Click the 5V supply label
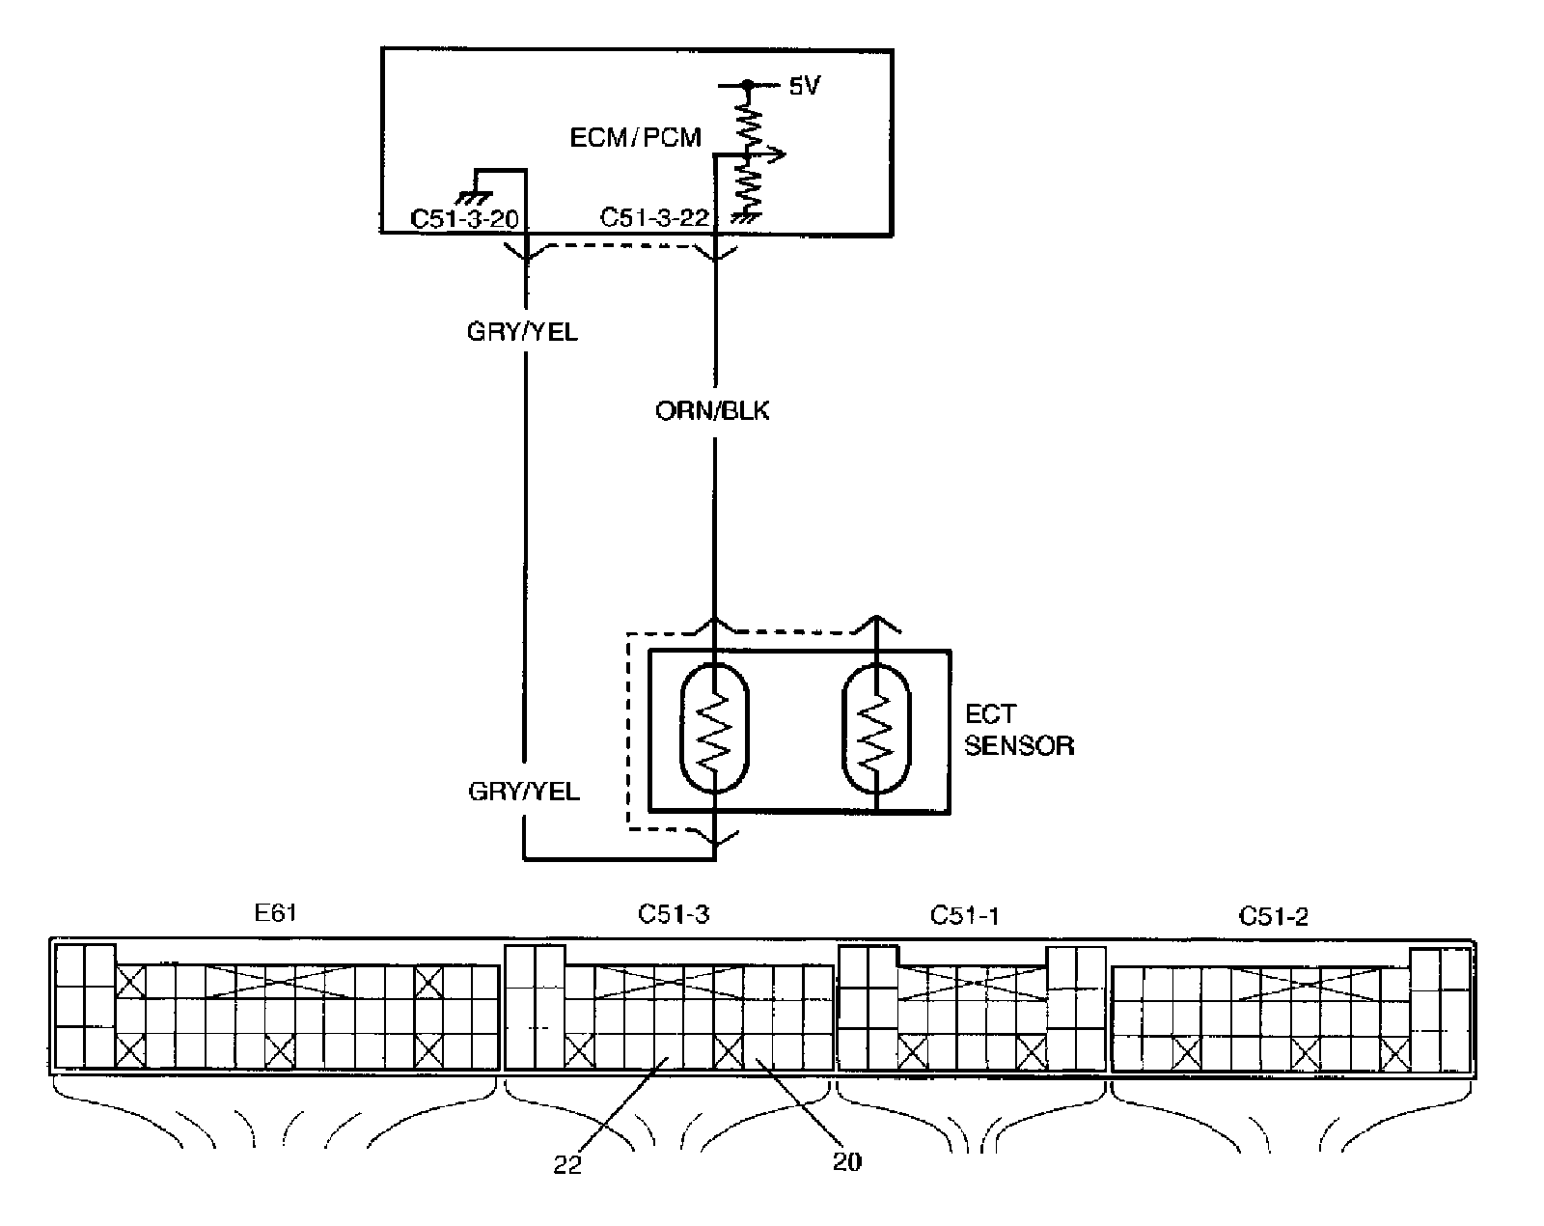804,87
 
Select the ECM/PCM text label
635,137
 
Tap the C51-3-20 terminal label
464,219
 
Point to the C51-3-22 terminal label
654,219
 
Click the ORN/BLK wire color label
712,412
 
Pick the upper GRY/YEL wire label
522,333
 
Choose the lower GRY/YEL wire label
524,792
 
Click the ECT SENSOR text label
1018,730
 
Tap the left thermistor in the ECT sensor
714,729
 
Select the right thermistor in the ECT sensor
876,729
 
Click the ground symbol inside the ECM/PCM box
478,181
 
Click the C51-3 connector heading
673,914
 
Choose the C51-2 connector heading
1273,916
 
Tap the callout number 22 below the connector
567,1165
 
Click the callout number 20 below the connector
846,1161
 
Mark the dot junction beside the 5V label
746,86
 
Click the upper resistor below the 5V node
749,124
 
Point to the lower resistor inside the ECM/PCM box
747,190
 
